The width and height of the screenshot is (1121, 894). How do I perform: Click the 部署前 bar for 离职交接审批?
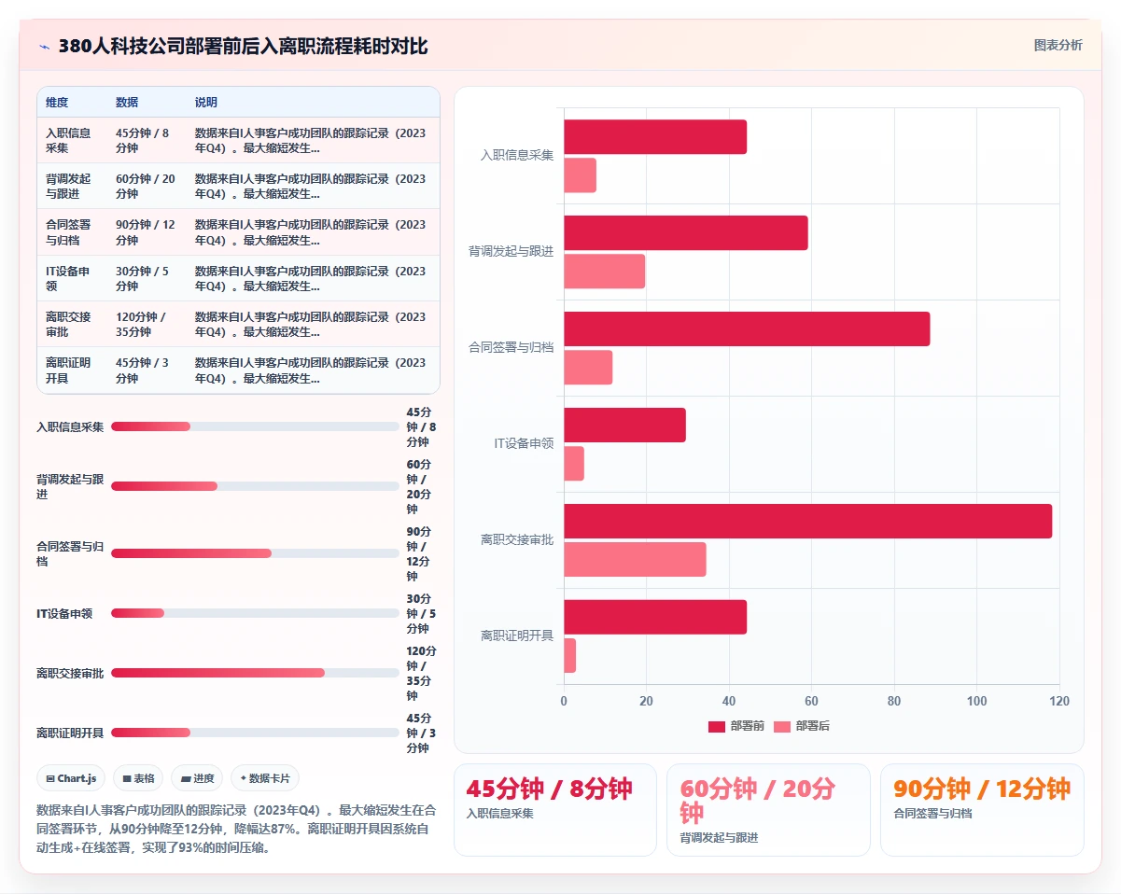(x=807, y=521)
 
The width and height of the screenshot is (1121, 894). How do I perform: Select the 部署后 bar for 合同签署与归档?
(x=588, y=368)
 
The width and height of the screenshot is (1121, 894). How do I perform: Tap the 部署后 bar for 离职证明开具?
(x=570, y=655)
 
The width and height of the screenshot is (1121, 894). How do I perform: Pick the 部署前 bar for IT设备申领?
(x=624, y=426)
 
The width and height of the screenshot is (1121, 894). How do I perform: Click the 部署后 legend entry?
(x=802, y=726)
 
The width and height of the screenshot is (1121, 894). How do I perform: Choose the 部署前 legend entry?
(x=736, y=726)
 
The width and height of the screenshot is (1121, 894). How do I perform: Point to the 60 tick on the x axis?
(x=811, y=701)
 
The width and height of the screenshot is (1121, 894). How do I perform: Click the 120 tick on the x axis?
(x=1059, y=701)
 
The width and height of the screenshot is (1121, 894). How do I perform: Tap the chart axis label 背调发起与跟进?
(x=511, y=251)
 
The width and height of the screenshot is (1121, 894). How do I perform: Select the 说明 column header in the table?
(x=205, y=102)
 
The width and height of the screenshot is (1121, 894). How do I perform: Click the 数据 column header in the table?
(x=127, y=102)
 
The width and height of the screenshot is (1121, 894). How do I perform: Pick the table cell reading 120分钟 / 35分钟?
(x=141, y=324)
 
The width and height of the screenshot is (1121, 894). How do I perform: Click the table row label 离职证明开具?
(x=68, y=370)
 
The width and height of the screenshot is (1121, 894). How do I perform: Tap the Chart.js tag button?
(x=71, y=778)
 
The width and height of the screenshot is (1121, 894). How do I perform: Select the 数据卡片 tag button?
(x=265, y=778)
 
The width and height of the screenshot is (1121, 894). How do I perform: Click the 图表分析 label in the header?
(x=1058, y=46)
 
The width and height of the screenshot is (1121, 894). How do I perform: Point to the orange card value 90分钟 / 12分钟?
(x=981, y=789)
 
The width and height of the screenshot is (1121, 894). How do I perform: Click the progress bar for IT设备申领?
(x=255, y=613)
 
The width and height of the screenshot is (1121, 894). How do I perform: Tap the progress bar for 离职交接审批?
(x=255, y=673)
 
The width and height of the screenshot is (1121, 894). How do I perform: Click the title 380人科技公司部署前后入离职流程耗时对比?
(x=244, y=46)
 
